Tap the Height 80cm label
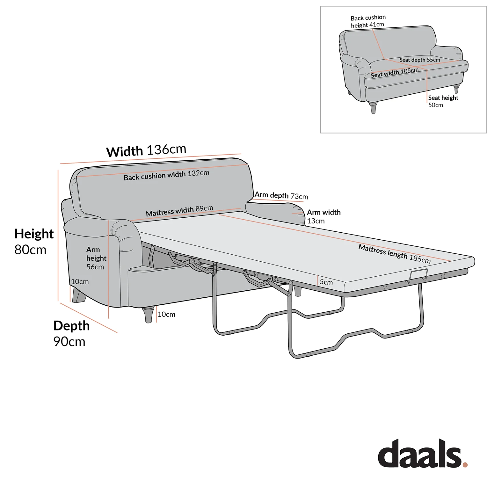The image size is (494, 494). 34,242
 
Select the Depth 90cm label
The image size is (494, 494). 71,333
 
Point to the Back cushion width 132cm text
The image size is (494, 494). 166,175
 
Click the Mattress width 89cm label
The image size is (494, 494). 179,211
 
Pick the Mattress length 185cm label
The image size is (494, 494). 395,254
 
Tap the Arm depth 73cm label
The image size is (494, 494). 281,195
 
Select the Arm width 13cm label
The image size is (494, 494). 323,217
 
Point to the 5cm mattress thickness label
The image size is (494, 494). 326,282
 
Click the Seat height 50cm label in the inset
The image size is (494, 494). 443,101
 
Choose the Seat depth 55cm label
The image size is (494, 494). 420,60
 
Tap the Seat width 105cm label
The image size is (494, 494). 395,73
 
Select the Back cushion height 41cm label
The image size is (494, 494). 368,21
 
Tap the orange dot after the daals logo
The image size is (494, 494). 465,465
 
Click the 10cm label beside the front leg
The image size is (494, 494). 166,314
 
